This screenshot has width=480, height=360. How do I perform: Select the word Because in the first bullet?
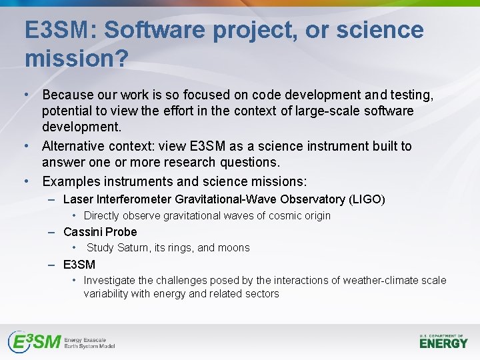pyautogui.click(x=69, y=95)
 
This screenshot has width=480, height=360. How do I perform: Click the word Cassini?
pyautogui.click(x=83, y=232)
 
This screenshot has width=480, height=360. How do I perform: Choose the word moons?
pyautogui.click(x=234, y=248)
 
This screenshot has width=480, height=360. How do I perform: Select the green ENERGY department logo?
pyautogui.click(x=443, y=342)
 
